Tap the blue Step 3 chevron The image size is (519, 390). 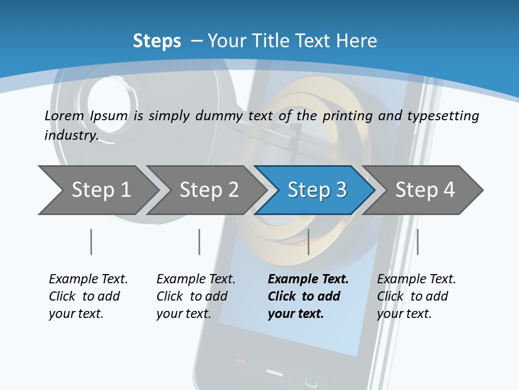[316, 190]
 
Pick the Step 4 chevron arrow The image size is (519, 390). [424, 190]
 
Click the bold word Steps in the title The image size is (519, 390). [157, 41]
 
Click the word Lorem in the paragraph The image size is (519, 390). [64, 115]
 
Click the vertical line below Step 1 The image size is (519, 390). [91, 242]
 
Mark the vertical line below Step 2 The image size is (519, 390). [199, 242]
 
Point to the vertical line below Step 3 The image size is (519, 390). [308, 242]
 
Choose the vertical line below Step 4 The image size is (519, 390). [417, 242]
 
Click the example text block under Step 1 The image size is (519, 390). [88, 296]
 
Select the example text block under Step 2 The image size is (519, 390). [196, 296]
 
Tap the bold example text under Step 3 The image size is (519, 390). [308, 296]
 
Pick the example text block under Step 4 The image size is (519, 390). [416, 296]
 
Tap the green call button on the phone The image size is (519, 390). [311, 382]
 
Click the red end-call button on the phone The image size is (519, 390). [241, 363]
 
